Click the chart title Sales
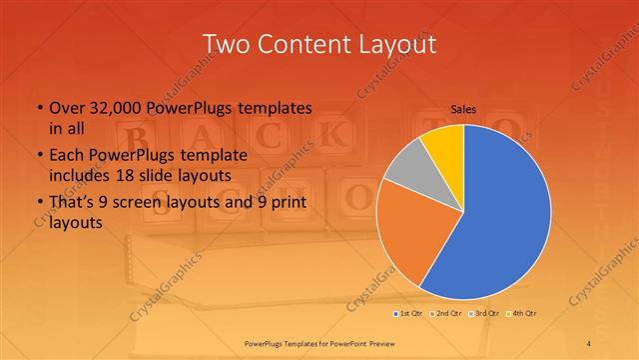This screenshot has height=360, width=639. (x=462, y=110)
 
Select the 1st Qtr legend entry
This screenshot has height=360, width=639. (x=409, y=313)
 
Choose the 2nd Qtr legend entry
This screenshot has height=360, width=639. (x=445, y=313)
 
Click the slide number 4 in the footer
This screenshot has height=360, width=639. (x=589, y=344)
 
